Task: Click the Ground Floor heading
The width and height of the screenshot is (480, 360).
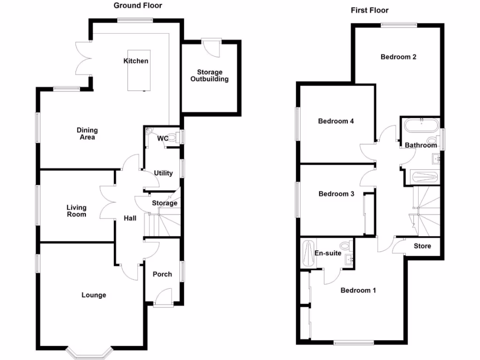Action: pyautogui.click(x=138, y=6)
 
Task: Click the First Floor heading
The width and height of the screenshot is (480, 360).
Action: pyautogui.click(x=369, y=10)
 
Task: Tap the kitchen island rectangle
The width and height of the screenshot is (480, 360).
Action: pyautogui.click(x=139, y=70)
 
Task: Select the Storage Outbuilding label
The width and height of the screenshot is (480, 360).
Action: pyautogui.click(x=210, y=75)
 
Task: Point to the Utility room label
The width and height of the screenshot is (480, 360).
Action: pyautogui.click(x=163, y=173)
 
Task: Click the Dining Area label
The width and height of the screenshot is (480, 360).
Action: pyautogui.click(x=87, y=134)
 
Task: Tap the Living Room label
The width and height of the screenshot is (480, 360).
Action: pyautogui.click(x=76, y=211)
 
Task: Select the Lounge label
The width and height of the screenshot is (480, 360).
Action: pyautogui.click(x=94, y=295)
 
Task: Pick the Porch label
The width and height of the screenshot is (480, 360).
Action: pyautogui.click(x=162, y=274)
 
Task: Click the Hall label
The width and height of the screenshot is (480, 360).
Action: pyautogui.click(x=130, y=218)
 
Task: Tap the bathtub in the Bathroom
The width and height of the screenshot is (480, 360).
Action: pyautogui.click(x=421, y=126)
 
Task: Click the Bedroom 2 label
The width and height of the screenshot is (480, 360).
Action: pyautogui.click(x=398, y=57)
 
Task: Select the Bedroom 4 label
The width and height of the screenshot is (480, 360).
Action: pyautogui.click(x=336, y=121)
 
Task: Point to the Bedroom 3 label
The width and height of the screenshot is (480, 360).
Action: pyautogui.click(x=336, y=194)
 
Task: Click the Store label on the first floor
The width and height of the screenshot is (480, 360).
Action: pyautogui.click(x=422, y=246)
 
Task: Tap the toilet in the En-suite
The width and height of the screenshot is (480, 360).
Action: pyautogui.click(x=346, y=245)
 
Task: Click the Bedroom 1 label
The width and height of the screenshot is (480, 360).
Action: pyautogui.click(x=358, y=290)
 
